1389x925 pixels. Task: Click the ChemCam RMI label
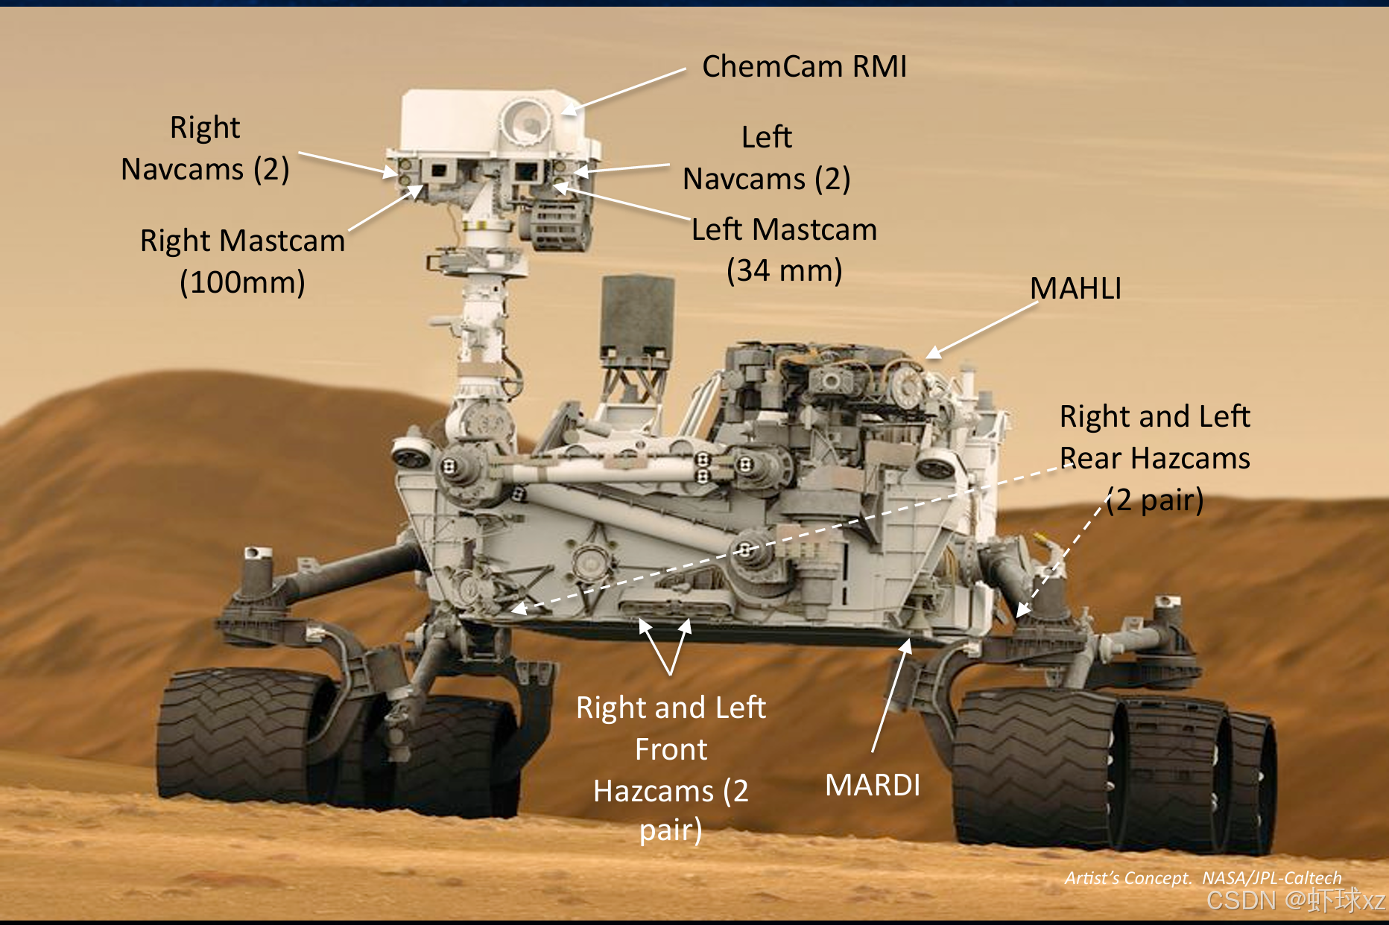pyautogui.click(x=804, y=67)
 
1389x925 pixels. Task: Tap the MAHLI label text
pyautogui.click(x=1075, y=289)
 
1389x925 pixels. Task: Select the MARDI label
pyautogui.click(x=873, y=785)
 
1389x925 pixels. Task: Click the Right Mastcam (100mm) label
pyautogui.click(x=242, y=261)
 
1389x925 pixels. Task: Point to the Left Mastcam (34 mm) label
pyautogui.click(x=784, y=249)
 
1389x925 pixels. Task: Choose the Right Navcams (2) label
pyautogui.click(x=205, y=148)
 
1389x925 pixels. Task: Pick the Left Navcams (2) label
pyautogui.click(x=767, y=158)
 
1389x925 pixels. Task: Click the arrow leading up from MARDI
pyautogui.click(x=890, y=693)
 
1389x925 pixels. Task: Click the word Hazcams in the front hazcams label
pyautogui.click(x=654, y=791)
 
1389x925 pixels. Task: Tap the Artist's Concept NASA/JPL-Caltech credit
pyautogui.click(x=1202, y=877)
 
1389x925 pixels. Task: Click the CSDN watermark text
pyautogui.click(x=1295, y=900)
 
